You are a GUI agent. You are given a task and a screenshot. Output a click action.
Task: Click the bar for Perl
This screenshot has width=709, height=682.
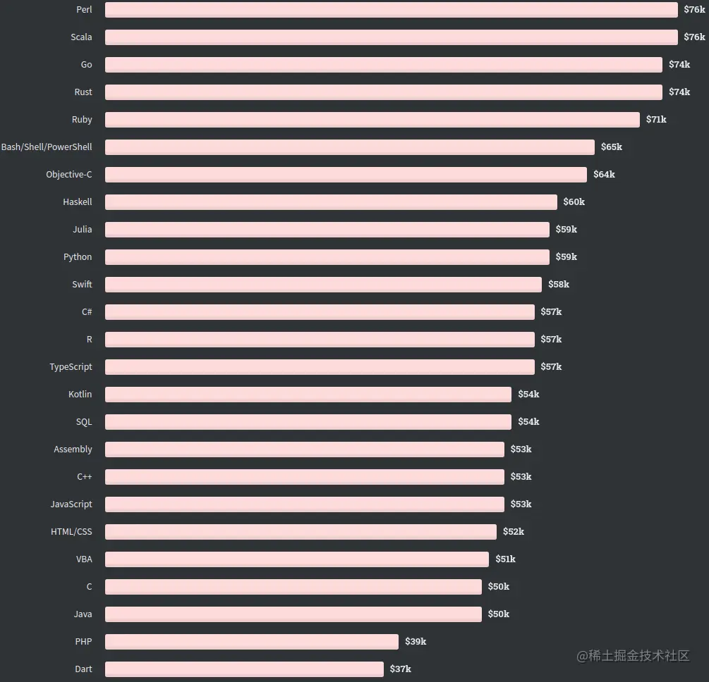point(391,10)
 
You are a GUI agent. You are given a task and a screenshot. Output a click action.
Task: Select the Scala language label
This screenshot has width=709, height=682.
point(81,37)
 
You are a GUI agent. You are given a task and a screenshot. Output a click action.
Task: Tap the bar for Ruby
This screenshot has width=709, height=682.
point(372,120)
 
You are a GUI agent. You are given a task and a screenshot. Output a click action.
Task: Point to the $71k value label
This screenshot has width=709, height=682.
point(656,120)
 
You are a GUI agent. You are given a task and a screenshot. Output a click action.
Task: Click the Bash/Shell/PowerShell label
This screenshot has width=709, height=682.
point(47,147)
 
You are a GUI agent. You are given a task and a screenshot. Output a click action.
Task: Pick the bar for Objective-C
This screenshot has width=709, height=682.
point(346,175)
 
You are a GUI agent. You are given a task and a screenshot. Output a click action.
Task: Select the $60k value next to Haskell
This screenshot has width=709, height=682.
point(574,202)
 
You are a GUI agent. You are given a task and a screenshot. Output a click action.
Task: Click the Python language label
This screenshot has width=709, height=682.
point(78,257)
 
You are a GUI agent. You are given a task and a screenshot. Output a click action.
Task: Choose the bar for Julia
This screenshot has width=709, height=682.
point(327,230)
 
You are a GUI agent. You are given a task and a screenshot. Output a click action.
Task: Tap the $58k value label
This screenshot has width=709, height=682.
point(558,285)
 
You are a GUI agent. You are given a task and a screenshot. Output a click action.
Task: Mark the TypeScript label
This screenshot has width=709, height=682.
point(71,367)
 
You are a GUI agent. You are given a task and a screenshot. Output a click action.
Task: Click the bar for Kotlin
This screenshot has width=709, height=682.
point(308,395)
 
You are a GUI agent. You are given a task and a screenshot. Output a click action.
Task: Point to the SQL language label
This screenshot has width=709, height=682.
point(84,422)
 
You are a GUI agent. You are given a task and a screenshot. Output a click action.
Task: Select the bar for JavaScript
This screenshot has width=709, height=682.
point(304,504)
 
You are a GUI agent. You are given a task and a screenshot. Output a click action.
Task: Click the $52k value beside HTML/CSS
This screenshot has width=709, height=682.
point(513,532)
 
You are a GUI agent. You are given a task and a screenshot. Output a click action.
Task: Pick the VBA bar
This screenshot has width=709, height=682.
point(296,559)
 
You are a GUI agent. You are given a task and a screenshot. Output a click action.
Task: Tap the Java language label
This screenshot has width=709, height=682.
point(83,614)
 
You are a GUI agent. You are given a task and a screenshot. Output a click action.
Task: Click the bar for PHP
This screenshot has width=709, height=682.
point(251,642)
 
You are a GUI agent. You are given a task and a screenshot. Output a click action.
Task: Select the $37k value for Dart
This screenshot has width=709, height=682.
point(400,669)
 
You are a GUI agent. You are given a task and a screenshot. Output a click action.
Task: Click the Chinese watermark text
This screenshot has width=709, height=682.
point(633,656)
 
